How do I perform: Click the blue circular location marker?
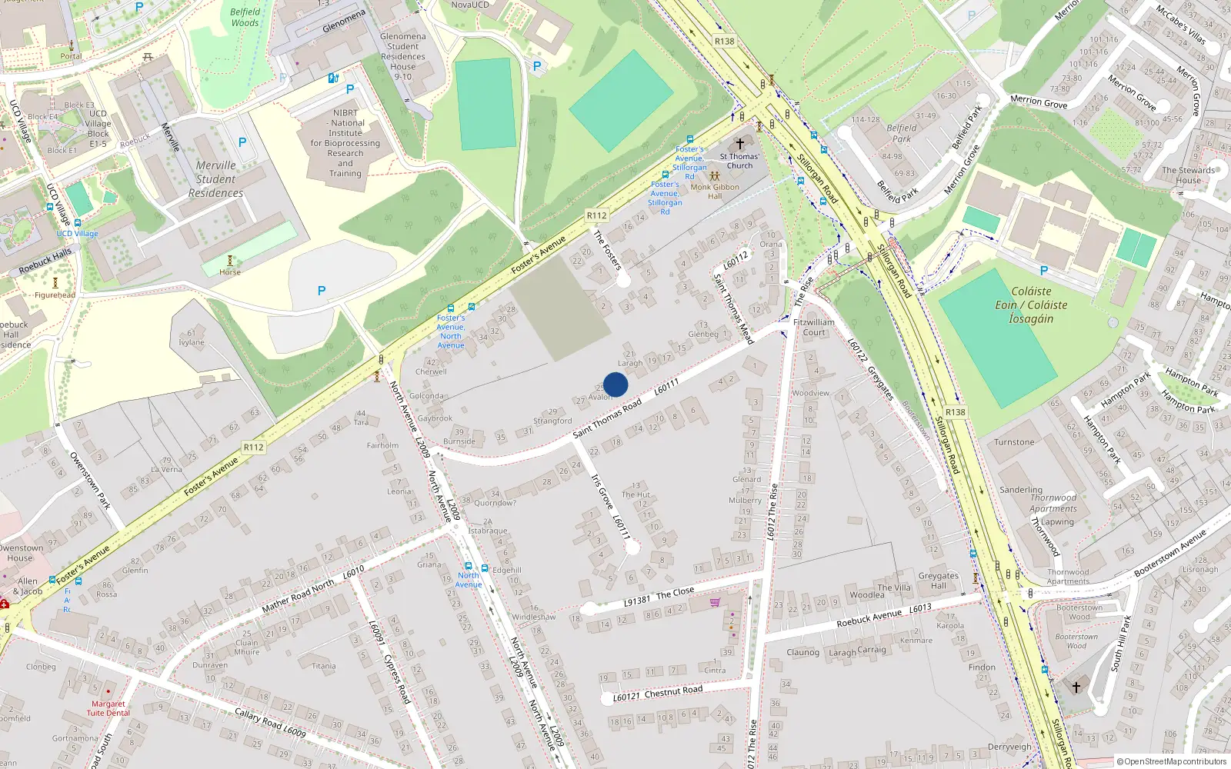click(x=615, y=384)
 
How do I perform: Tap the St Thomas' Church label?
click(x=739, y=161)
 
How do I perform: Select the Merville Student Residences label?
click(x=216, y=179)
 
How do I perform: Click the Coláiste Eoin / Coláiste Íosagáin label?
click(x=1031, y=305)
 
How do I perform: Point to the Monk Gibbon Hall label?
click(x=715, y=191)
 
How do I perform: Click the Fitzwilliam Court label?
click(x=813, y=328)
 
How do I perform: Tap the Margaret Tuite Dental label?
click(x=108, y=708)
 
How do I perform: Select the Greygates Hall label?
click(x=939, y=581)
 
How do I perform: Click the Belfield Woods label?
click(x=245, y=17)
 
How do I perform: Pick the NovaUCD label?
click(x=470, y=5)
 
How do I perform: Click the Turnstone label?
click(x=1014, y=442)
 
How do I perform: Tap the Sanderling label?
click(x=1021, y=490)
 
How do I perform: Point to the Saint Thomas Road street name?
click(x=607, y=419)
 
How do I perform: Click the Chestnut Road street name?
click(x=673, y=692)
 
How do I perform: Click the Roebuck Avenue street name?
click(x=869, y=618)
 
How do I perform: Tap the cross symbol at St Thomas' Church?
click(x=740, y=144)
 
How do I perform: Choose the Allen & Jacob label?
click(x=28, y=586)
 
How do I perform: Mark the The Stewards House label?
click(x=1189, y=175)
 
